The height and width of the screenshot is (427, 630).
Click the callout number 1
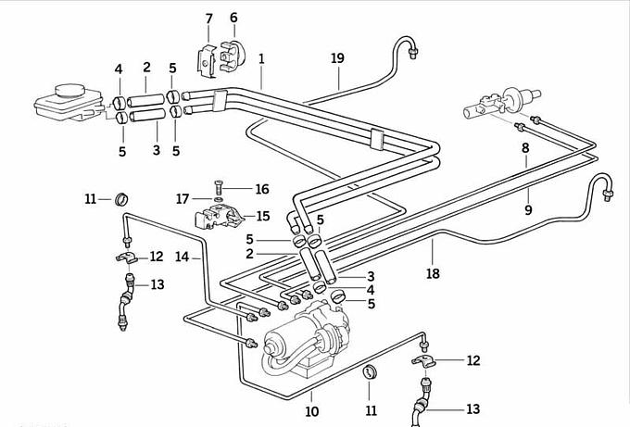[x=262, y=58]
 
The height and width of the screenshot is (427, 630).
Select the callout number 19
[x=337, y=58]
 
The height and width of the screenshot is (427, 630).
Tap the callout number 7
[x=208, y=19]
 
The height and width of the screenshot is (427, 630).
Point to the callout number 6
[x=233, y=18]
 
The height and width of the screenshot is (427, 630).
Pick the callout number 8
[x=525, y=148]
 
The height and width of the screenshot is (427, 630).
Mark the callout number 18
[x=433, y=274]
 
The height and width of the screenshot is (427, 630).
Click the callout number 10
[x=312, y=411]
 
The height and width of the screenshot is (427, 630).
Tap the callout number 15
[x=262, y=217]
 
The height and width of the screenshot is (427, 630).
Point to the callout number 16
[x=262, y=189]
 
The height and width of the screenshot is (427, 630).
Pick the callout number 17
[x=183, y=197]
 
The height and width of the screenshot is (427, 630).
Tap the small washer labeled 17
[x=217, y=198]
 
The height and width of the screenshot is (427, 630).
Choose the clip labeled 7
[x=208, y=57]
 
